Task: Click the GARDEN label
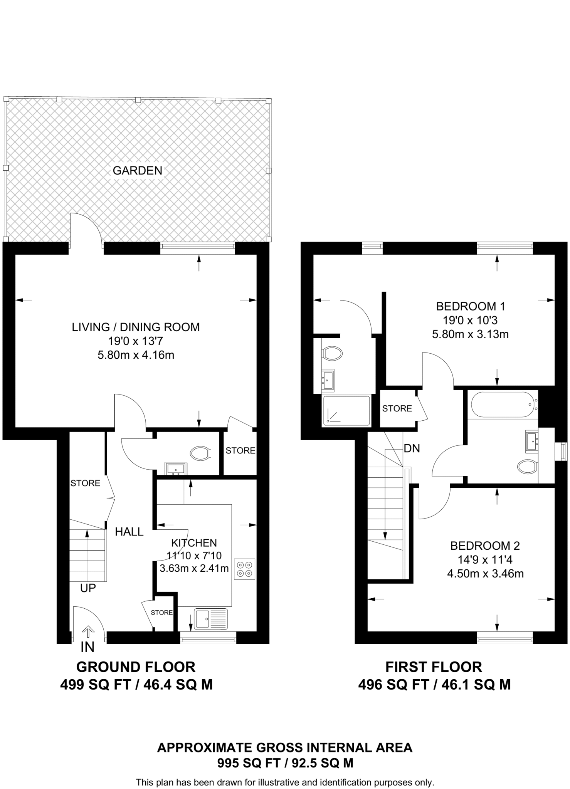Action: point(137,170)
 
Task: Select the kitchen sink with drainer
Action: point(211,619)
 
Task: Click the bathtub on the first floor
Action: point(502,405)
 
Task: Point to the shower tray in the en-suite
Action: point(346,411)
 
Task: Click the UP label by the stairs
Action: point(88,588)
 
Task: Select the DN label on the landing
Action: point(412,448)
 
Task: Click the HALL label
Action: point(129,532)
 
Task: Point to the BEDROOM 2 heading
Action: point(485,546)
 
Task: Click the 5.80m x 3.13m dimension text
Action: point(470,334)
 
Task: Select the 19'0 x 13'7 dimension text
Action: point(136,341)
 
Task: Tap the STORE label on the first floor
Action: point(397,408)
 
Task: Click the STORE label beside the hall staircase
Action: point(85,483)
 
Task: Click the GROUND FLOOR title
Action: point(136,667)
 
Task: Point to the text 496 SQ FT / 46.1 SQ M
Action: point(434,685)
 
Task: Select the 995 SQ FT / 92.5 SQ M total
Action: point(285,763)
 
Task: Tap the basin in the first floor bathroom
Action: point(532,441)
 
